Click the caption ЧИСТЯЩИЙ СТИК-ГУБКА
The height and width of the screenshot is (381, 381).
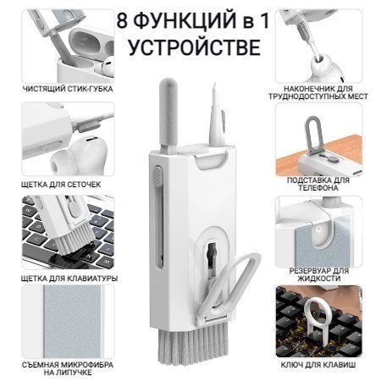click(68, 89)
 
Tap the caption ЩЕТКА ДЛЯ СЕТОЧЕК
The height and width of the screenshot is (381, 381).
click(61, 185)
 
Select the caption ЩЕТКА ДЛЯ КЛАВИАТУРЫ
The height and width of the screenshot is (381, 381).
click(69, 279)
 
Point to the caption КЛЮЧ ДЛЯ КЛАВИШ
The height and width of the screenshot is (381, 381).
click(318, 365)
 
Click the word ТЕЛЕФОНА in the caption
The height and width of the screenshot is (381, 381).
click(318, 188)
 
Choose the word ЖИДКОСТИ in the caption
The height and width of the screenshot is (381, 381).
click(319, 279)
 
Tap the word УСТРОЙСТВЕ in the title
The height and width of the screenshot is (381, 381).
click(195, 47)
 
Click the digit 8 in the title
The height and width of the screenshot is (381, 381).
click(122, 21)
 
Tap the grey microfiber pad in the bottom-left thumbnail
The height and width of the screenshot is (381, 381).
click(72, 322)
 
